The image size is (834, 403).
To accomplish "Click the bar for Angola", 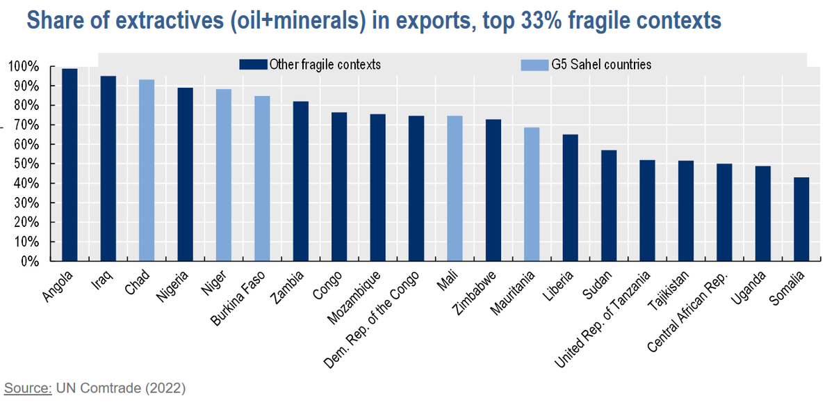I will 69,165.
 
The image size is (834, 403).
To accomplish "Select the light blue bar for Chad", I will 147,171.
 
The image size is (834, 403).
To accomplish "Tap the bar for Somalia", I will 801,219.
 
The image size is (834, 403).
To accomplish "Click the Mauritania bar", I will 531,194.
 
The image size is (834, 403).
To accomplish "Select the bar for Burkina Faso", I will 262,179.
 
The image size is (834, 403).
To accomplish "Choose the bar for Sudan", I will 608,206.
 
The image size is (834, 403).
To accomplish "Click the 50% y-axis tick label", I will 25,164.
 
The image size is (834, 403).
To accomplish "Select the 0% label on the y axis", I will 28,262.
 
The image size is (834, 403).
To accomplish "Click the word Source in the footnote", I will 28,387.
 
